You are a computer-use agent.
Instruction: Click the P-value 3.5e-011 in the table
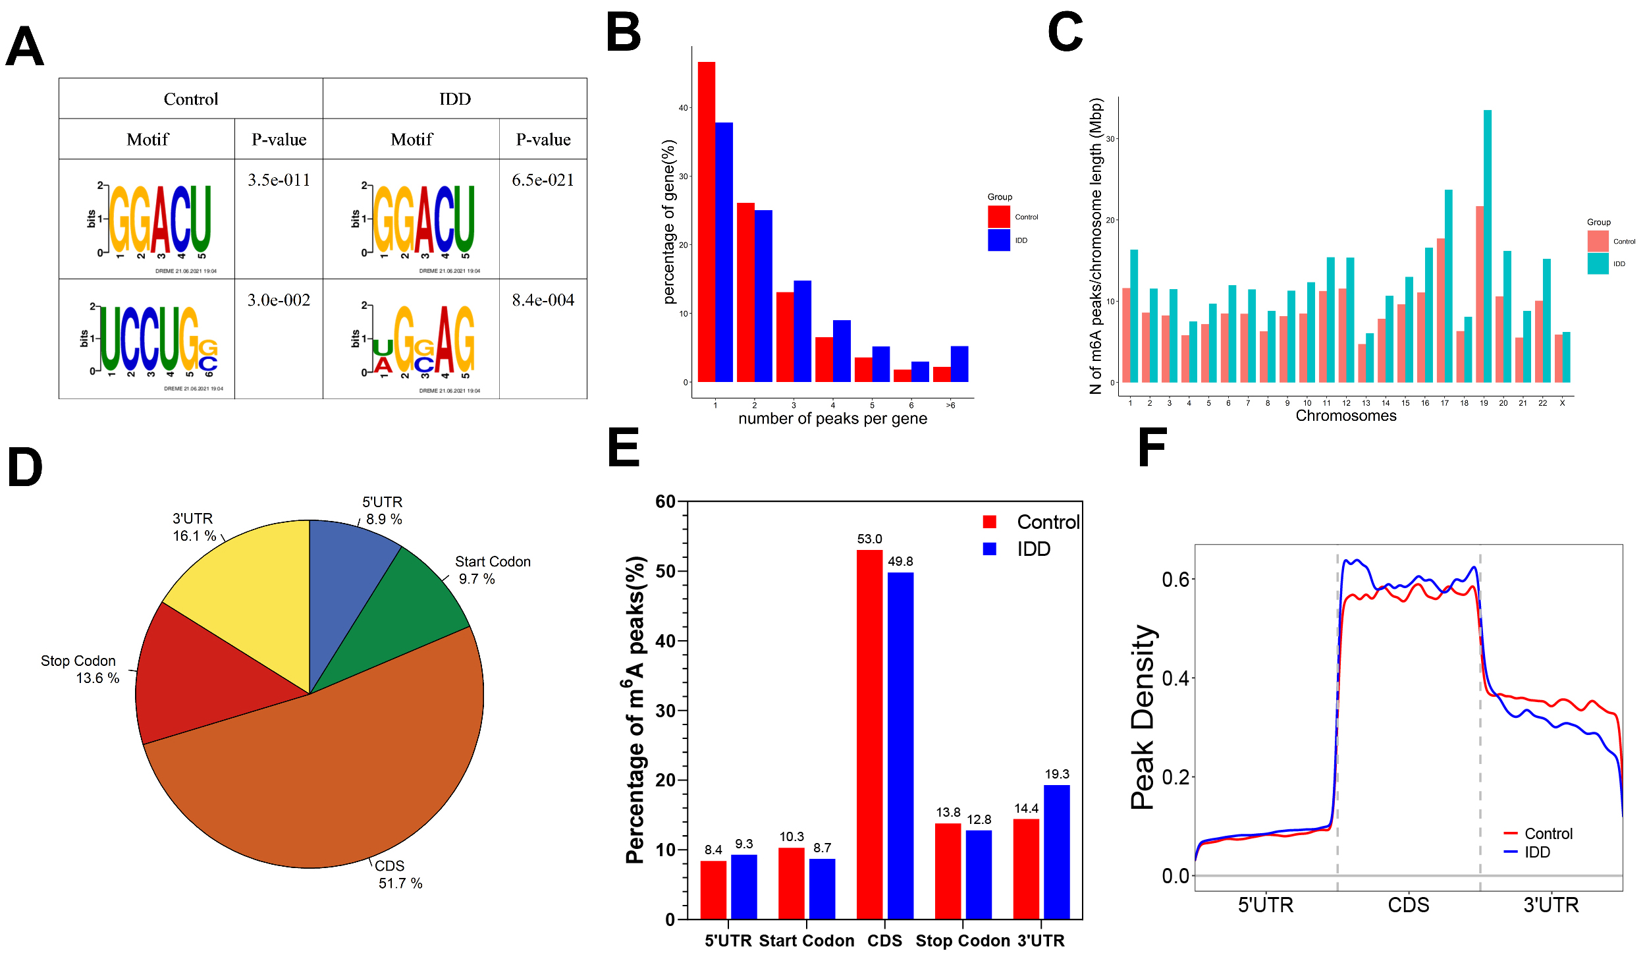click(x=279, y=180)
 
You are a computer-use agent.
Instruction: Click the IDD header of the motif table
click(x=454, y=99)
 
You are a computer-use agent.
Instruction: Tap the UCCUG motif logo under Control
click(x=158, y=341)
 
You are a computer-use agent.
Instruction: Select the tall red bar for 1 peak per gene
click(x=707, y=221)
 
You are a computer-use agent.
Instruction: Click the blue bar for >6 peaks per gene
click(x=959, y=364)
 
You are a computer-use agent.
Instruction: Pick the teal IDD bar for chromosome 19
click(x=1487, y=246)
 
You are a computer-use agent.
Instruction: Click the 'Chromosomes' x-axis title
click(x=1345, y=416)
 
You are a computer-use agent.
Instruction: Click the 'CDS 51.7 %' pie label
click(x=399, y=874)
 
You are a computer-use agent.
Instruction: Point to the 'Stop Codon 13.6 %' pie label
click(x=80, y=669)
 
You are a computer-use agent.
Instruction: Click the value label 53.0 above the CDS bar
click(x=869, y=539)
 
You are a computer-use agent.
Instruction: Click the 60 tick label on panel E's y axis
click(x=665, y=501)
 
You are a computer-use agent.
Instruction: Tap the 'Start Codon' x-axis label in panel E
click(x=806, y=941)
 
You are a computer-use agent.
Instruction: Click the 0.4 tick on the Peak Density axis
click(x=1175, y=678)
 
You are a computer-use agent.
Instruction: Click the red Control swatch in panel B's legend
click(x=998, y=217)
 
